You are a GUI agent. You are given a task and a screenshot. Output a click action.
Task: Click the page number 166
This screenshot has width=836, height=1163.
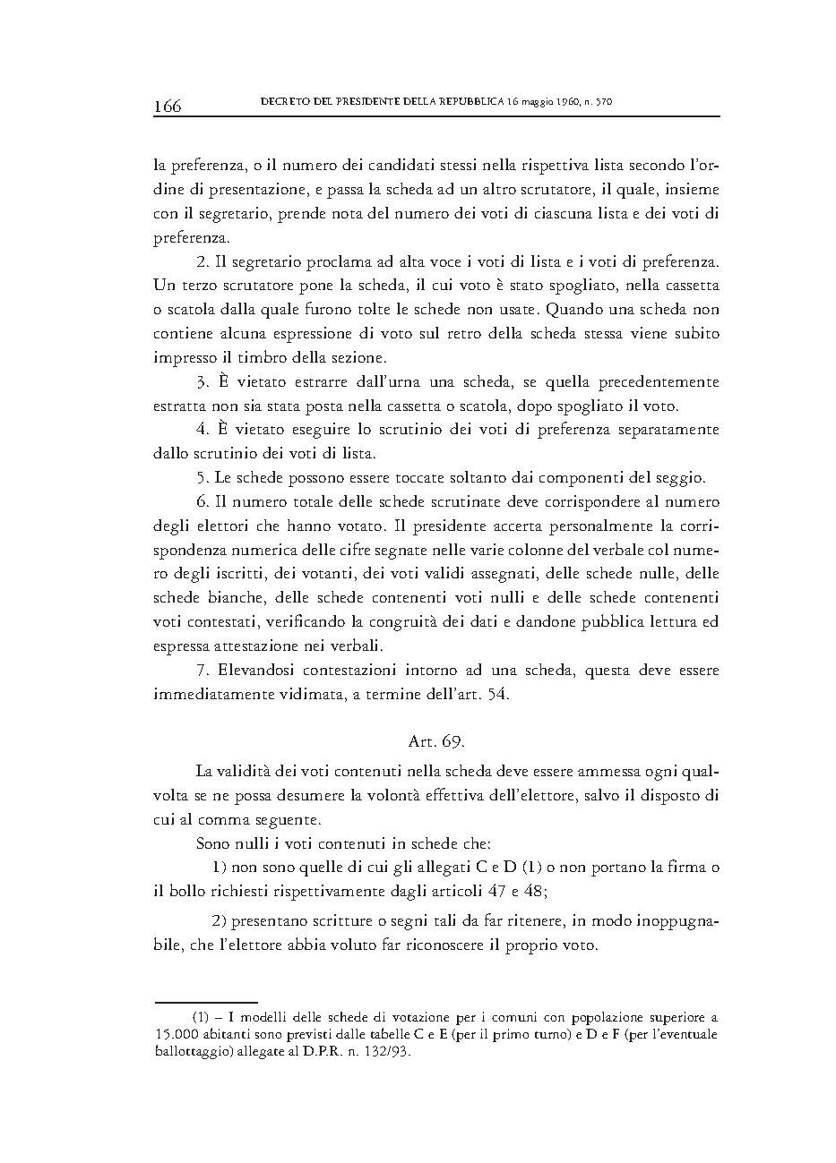pos(168,107)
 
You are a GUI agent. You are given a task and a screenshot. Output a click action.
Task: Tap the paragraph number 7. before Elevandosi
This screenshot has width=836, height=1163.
pos(202,671)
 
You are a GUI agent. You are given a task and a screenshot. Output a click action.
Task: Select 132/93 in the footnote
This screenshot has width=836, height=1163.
pos(388,1052)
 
